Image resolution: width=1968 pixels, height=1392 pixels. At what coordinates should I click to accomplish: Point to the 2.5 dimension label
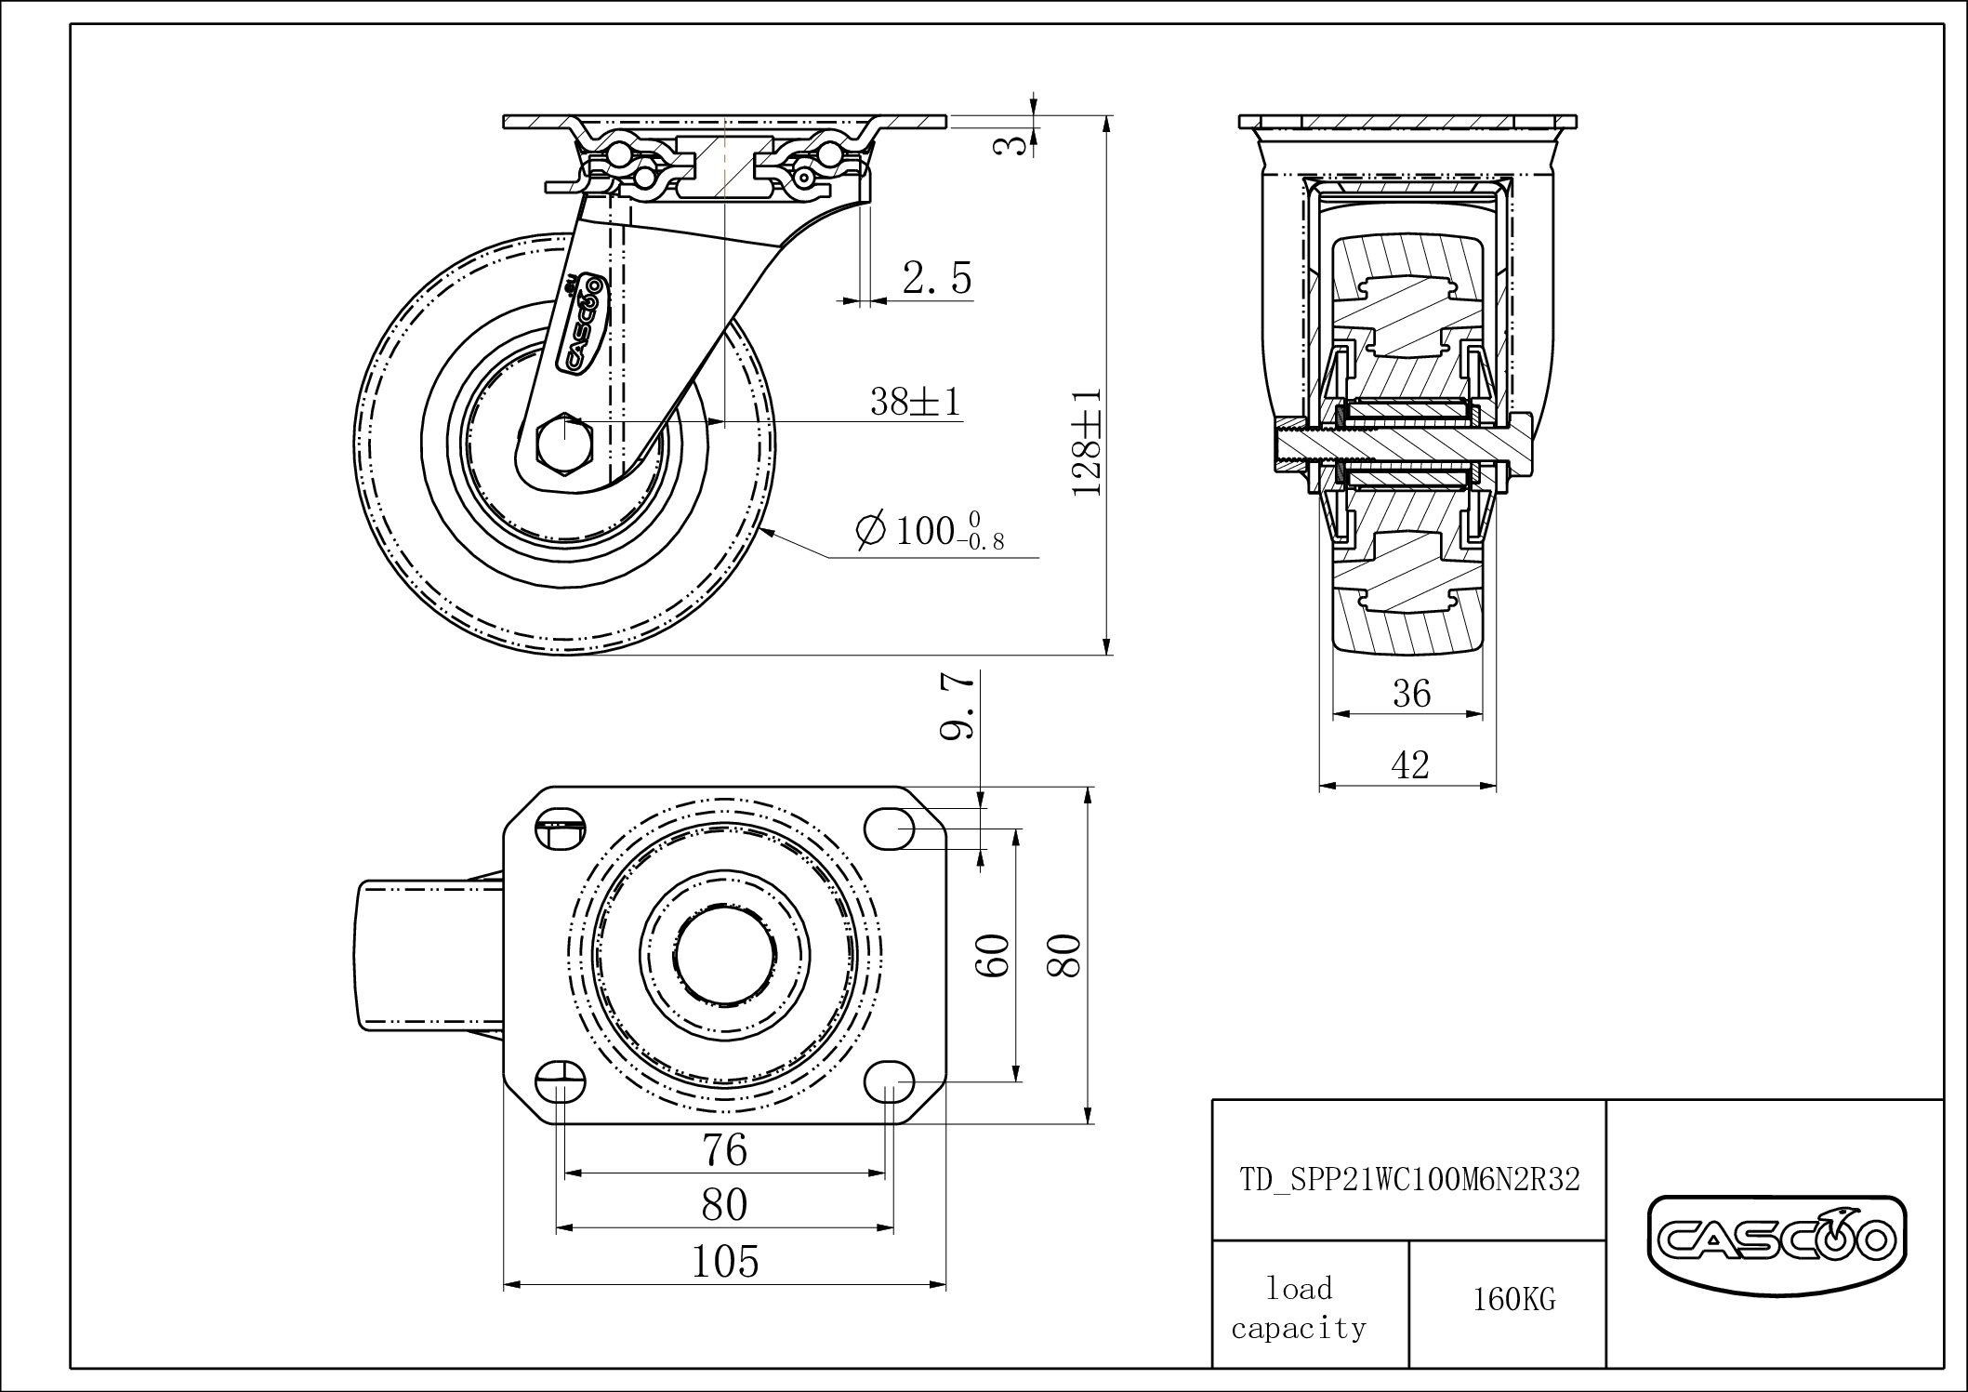click(x=936, y=278)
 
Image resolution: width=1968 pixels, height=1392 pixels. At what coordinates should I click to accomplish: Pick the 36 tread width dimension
click(x=1411, y=694)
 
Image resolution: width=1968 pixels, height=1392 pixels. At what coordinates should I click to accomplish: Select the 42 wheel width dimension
click(x=1409, y=765)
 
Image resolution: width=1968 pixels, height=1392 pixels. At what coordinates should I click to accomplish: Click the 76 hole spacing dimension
click(x=725, y=1150)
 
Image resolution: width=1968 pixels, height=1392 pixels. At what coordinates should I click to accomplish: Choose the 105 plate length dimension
click(x=725, y=1262)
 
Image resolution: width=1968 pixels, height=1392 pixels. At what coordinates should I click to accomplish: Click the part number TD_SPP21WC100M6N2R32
click(x=1409, y=1180)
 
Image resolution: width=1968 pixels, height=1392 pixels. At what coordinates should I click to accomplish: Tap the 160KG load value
click(x=1513, y=1299)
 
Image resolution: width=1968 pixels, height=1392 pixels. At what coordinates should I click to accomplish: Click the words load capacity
click(x=1299, y=1307)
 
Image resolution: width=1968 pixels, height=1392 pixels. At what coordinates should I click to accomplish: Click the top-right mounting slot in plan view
click(x=890, y=827)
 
